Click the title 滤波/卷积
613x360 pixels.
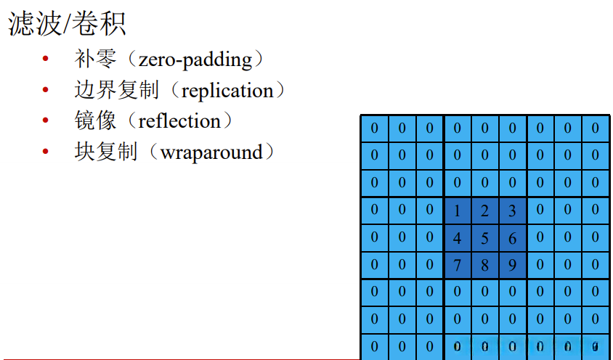coord(68,23)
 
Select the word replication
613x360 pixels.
coord(227,91)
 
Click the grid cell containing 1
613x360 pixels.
coord(457,211)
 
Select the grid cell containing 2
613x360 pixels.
coord(484,211)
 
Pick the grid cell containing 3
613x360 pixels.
coord(512,211)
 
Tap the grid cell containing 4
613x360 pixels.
coord(457,238)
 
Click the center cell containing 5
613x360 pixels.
coord(484,238)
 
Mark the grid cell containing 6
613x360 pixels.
coord(512,238)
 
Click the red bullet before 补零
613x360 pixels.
coord(46,60)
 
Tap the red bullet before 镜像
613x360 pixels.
coord(46,121)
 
